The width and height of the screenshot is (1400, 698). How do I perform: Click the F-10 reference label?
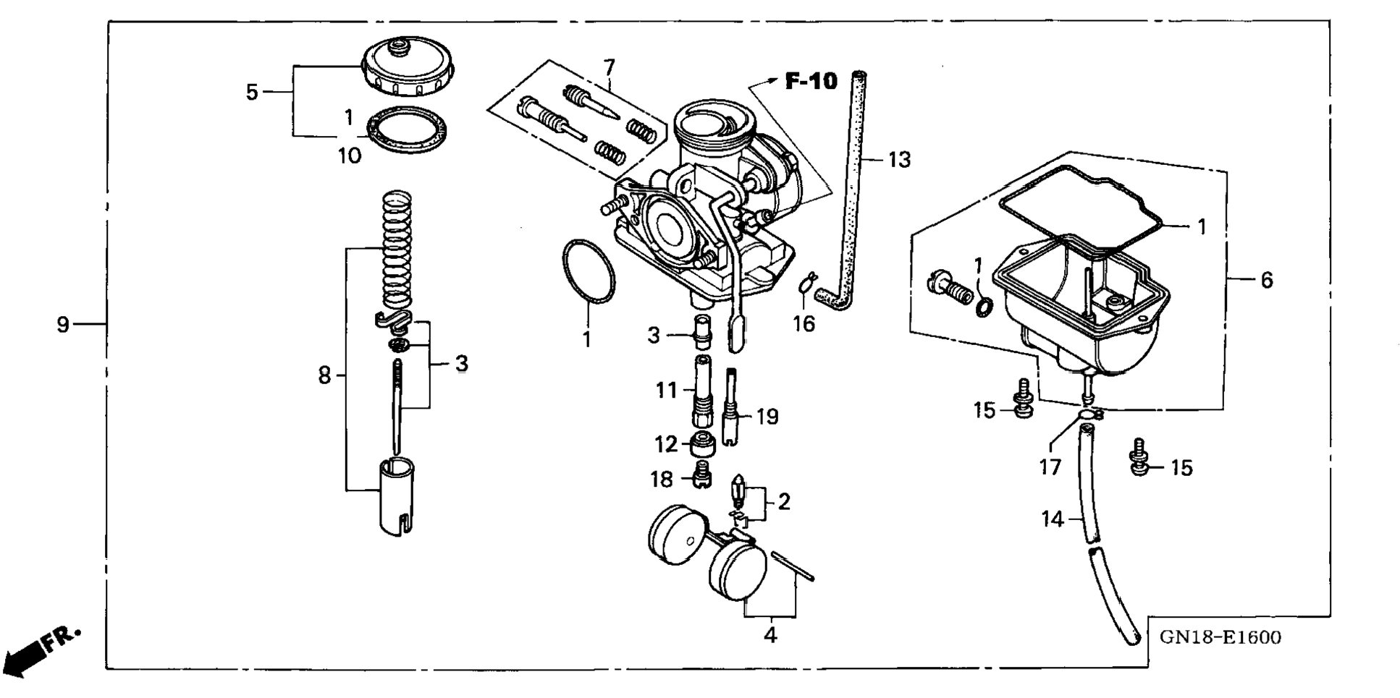811,81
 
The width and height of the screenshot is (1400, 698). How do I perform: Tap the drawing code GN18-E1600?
1220,637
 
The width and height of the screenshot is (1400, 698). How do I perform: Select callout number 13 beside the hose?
899,159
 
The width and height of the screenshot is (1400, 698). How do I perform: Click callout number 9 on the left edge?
63,325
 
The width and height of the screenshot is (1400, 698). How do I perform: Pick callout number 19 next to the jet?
767,417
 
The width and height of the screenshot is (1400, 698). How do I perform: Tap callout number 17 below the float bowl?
1050,467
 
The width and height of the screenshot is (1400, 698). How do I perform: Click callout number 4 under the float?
770,636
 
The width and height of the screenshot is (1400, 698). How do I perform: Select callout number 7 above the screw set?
609,67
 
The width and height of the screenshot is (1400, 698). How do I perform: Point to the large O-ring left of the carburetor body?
589,271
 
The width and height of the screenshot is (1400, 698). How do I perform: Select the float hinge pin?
793,566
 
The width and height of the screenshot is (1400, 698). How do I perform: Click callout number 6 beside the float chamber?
1266,280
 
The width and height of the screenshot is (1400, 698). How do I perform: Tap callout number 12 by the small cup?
666,444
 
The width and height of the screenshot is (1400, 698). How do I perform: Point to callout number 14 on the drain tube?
1053,519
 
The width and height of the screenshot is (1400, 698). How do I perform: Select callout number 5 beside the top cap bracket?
251,92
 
